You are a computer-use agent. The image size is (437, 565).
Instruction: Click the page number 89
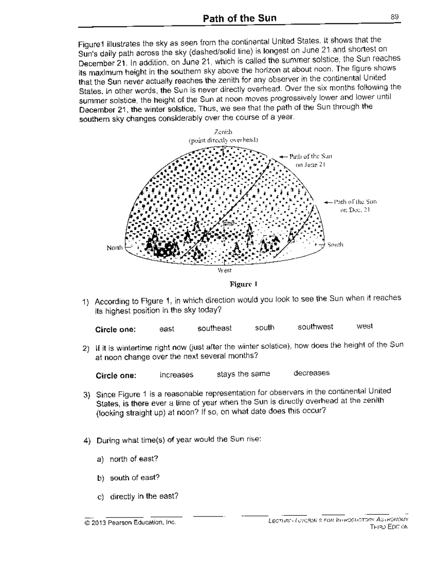click(x=395, y=17)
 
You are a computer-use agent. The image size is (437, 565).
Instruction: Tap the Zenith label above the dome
click(x=223, y=132)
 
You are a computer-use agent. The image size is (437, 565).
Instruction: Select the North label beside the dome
click(x=114, y=248)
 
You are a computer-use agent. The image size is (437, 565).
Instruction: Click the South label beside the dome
click(x=335, y=244)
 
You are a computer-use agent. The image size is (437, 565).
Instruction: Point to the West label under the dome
click(x=224, y=270)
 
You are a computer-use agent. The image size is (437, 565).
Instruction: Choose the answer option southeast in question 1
click(x=214, y=329)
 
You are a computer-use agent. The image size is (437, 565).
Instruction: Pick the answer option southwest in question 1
click(x=315, y=327)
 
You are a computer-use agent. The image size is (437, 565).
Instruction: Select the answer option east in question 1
click(x=166, y=329)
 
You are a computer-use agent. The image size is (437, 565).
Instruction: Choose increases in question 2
click(x=176, y=375)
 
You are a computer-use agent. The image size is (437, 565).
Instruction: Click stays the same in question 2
click(x=243, y=374)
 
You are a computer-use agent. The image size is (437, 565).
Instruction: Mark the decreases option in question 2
click(x=311, y=373)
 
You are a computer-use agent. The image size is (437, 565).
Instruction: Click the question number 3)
click(x=86, y=395)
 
